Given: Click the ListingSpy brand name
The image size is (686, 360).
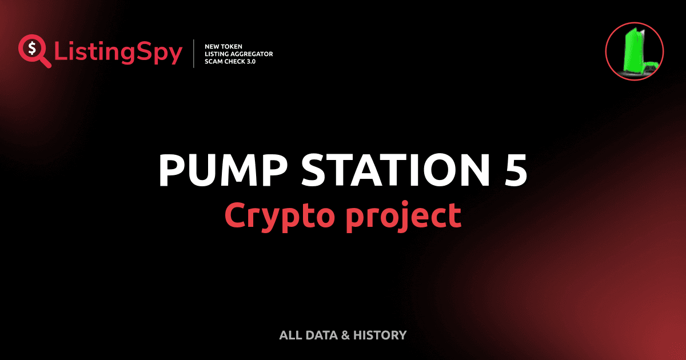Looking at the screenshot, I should (x=118, y=53).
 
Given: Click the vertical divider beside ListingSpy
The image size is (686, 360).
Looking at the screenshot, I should (x=195, y=54).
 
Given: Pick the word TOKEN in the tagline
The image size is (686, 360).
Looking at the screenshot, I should (x=233, y=46).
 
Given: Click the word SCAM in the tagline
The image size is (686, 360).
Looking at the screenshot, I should (x=214, y=61).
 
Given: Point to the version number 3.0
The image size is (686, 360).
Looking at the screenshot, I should (x=249, y=61).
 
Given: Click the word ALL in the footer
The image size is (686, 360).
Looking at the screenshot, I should (x=289, y=335).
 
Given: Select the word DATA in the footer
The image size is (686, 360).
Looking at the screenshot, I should (x=321, y=335).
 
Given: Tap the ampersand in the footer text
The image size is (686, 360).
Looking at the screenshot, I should (x=345, y=335).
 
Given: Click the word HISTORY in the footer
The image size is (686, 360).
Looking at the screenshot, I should (x=380, y=335).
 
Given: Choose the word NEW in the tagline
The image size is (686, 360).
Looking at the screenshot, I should (x=212, y=46).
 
